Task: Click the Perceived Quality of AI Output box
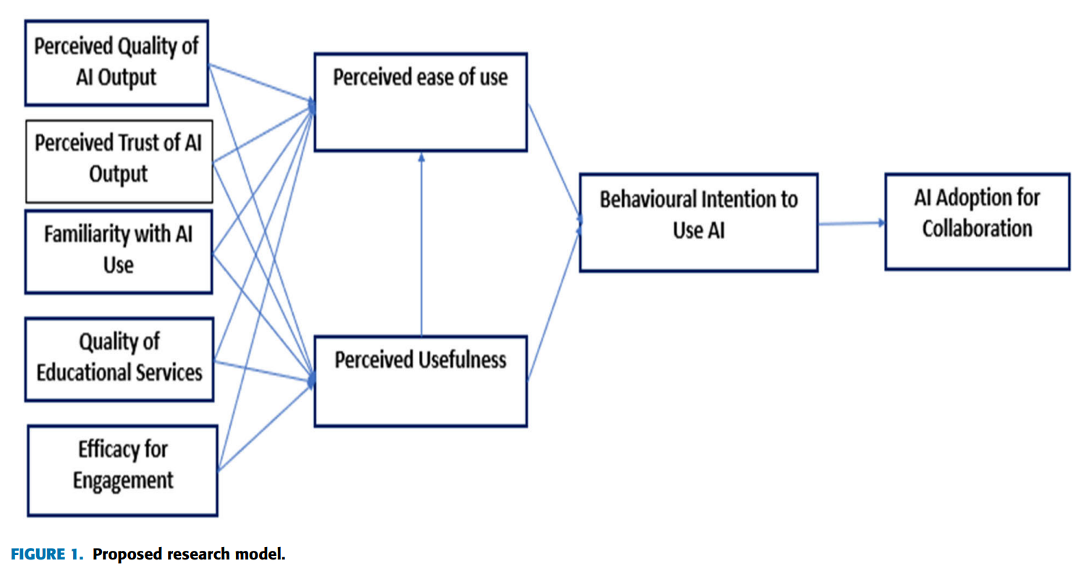click(x=116, y=63)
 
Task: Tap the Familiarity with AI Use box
click(x=118, y=251)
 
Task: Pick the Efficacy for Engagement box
click(x=122, y=470)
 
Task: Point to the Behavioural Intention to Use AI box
click(x=698, y=222)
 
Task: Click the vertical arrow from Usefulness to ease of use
click(x=421, y=246)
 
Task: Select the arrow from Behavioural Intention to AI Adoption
click(x=851, y=224)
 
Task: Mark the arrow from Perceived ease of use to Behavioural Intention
click(x=553, y=159)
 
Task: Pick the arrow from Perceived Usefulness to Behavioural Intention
click(x=553, y=304)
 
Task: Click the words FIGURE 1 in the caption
click(x=46, y=555)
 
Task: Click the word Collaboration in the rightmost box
click(x=977, y=229)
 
